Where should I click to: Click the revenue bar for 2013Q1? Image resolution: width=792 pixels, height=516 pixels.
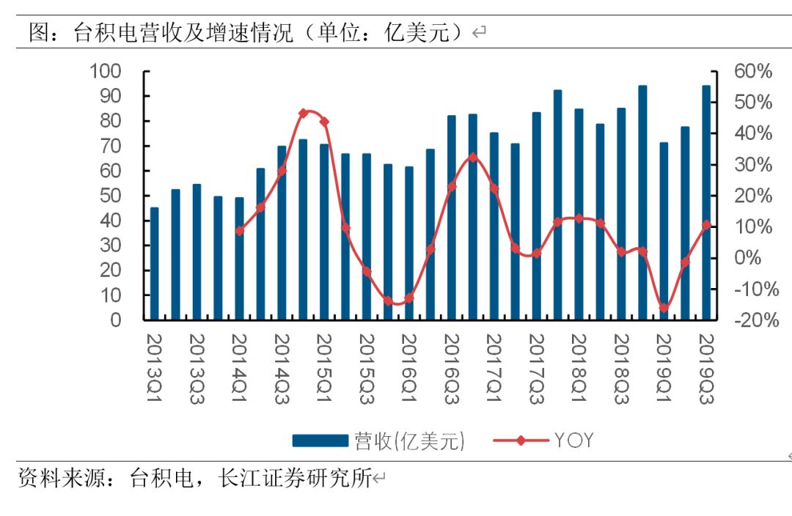coord(155,264)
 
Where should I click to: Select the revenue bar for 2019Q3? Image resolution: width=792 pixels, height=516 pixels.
coord(706,202)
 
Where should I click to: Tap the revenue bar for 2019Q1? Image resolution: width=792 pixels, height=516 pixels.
coord(664,231)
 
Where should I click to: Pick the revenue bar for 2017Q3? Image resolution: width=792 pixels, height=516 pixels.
coord(536,216)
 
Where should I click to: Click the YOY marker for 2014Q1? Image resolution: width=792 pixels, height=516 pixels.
coord(239,231)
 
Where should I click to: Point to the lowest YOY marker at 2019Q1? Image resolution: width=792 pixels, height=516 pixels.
coord(664,308)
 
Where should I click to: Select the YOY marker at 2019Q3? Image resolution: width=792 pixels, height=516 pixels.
coord(706,225)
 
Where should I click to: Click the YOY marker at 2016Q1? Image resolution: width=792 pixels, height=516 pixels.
coord(409,298)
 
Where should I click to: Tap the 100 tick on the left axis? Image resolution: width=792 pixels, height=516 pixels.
coord(106,71)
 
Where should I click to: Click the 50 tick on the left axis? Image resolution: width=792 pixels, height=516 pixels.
coord(111,196)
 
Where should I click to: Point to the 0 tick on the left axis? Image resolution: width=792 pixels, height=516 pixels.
coord(116,320)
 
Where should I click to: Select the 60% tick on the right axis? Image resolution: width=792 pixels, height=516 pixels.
coord(753,71)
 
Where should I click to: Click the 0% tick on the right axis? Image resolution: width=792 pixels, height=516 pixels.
coord(747,257)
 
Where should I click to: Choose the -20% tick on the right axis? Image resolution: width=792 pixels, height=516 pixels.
coord(756,320)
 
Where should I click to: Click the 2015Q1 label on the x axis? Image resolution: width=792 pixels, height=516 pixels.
coord(324,368)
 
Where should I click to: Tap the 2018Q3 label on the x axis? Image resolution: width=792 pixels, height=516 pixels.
coord(621,369)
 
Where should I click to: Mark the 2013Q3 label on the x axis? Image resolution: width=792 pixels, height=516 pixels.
coord(197,369)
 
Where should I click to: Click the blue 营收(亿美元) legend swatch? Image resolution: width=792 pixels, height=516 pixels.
coord(320,441)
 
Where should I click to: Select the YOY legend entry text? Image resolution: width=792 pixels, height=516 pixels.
coord(573,441)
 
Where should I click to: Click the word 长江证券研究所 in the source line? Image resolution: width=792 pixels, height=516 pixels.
coord(296,478)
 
